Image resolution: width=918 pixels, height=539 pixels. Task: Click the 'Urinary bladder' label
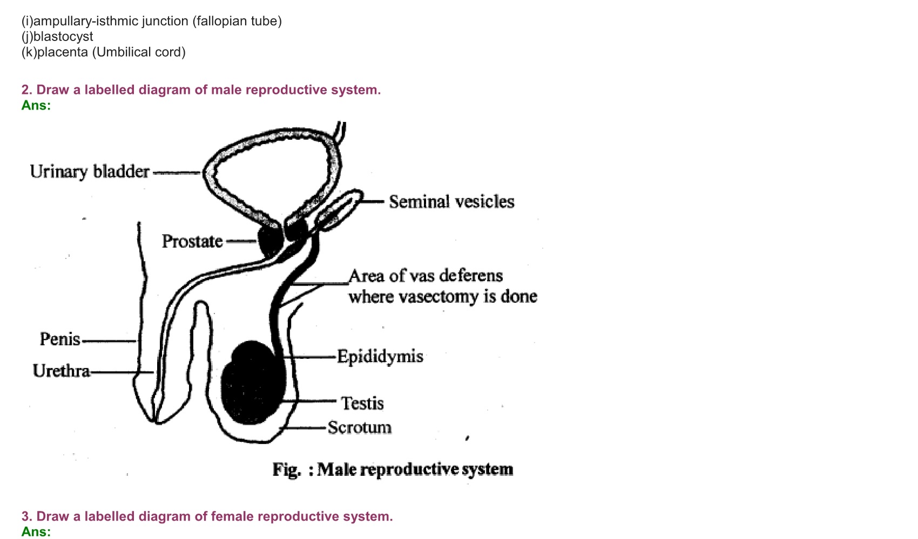tap(90, 172)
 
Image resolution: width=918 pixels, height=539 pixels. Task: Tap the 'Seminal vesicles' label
tap(451, 202)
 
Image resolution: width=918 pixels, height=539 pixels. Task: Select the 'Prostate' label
tap(192, 241)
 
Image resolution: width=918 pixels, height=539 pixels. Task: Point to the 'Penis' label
tap(60, 339)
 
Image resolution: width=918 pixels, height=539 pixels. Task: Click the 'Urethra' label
tap(61, 371)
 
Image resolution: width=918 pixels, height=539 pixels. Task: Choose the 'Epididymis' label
tap(380, 357)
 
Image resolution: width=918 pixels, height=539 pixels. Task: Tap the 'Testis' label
tap(362, 404)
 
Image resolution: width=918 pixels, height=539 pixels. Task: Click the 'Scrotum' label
tap(360, 427)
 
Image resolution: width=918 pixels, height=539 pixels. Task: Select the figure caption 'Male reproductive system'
tap(415, 469)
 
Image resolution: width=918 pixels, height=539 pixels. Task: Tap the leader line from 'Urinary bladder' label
tap(177, 173)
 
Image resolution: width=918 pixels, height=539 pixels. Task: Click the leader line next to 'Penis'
tap(109, 341)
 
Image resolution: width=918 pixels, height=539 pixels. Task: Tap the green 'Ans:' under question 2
tap(36, 105)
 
